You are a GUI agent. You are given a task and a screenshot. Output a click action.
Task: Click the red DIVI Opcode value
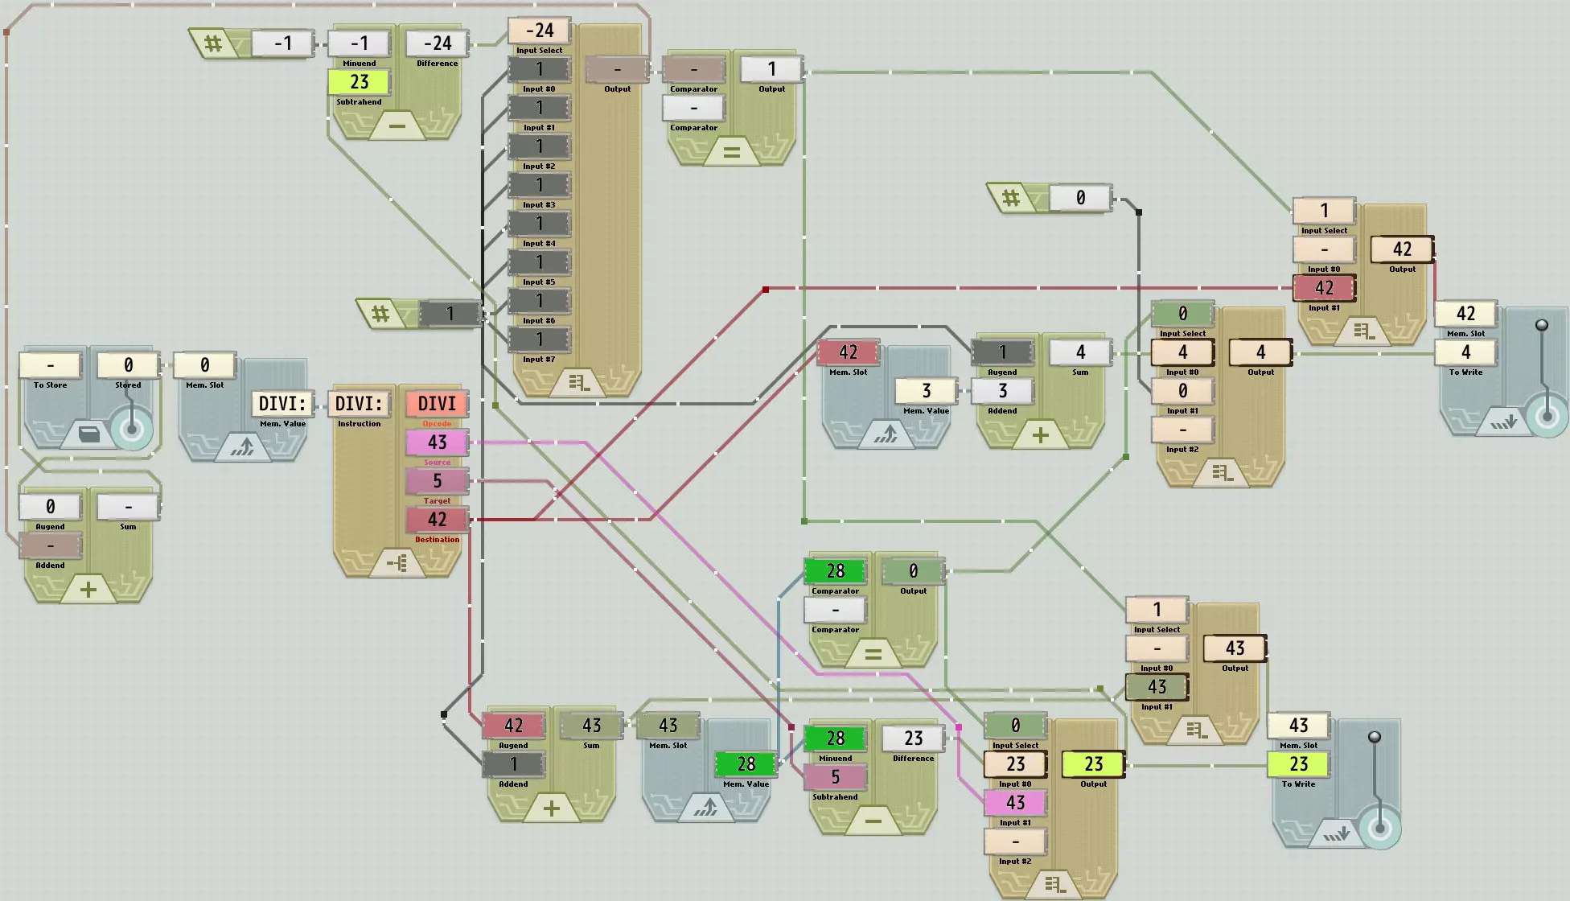437,403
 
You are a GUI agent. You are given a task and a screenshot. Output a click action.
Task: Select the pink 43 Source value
437,442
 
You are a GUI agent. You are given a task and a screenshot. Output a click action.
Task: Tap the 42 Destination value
437,519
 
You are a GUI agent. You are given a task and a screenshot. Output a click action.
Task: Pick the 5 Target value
437,480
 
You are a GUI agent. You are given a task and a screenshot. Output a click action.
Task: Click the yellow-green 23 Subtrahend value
359,81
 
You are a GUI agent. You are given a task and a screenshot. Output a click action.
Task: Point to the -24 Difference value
437,43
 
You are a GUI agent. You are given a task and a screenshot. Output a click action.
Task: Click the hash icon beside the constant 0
1011,197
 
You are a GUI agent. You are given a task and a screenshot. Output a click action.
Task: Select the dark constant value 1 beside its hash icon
450,313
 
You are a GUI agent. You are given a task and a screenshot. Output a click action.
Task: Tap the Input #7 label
539,359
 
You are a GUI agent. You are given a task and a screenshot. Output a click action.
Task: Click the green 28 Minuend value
835,738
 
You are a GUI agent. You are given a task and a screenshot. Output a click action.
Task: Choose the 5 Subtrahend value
835,776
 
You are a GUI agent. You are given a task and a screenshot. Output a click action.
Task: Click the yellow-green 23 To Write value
1298,763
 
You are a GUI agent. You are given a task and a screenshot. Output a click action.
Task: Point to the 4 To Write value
1465,352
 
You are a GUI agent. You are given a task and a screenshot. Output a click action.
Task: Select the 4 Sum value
1080,352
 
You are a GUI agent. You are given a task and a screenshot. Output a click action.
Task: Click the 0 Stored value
128,364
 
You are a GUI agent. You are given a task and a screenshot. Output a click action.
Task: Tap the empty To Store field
50,364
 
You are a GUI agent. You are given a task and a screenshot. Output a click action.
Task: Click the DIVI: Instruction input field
359,403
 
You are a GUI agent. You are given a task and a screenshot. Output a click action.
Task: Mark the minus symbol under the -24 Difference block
397,126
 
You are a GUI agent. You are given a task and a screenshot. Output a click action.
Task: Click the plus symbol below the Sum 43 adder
552,808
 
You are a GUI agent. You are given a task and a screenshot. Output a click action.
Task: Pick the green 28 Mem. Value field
746,763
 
